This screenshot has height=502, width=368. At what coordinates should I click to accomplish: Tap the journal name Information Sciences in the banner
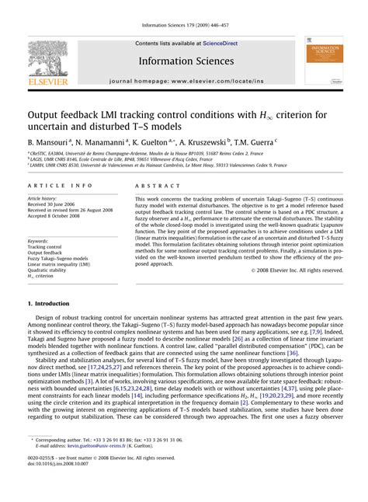(186, 61)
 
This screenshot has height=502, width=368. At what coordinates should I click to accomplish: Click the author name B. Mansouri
(50, 143)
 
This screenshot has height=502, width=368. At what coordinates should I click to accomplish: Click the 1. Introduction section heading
(54, 302)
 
